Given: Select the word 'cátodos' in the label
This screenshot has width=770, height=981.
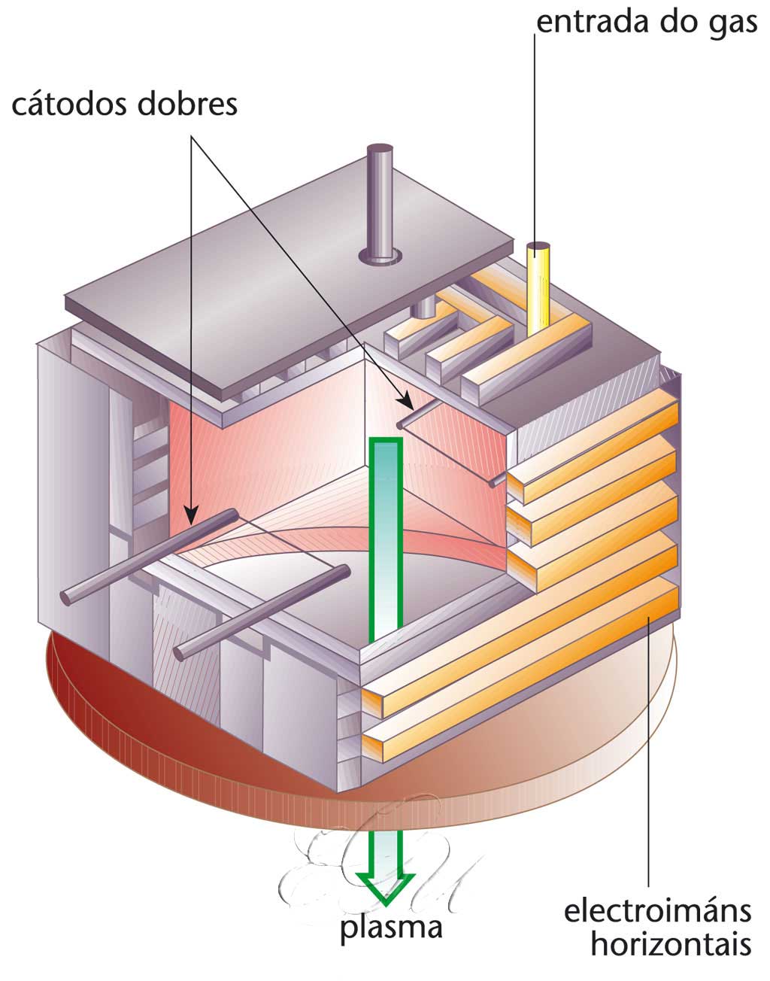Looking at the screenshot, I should [x=68, y=104].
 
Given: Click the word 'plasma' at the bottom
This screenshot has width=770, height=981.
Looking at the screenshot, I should [x=390, y=927].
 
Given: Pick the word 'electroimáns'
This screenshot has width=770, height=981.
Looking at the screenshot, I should [x=657, y=911].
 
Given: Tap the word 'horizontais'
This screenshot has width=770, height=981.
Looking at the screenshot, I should [x=670, y=943].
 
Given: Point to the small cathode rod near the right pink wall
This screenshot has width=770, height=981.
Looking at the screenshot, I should [x=421, y=412].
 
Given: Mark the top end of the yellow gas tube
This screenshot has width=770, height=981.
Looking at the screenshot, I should [x=538, y=248].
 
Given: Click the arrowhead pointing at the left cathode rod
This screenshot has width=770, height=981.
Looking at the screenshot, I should [x=192, y=518].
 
